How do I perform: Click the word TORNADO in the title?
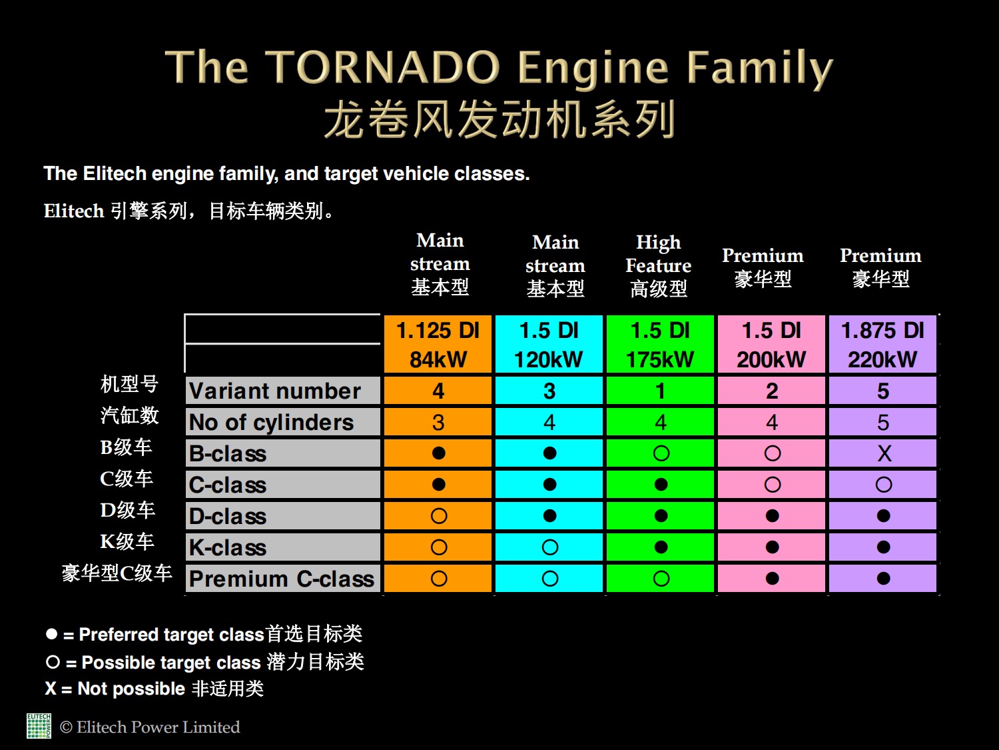(x=382, y=68)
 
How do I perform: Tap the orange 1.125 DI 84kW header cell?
(x=438, y=344)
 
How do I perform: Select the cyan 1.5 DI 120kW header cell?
(x=549, y=344)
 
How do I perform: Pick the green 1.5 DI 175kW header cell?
(x=661, y=344)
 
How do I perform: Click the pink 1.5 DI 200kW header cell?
(x=771, y=344)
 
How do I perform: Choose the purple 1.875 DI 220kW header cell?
(x=882, y=344)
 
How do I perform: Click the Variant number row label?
(x=275, y=391)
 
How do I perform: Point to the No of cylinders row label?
(x=271, y=422)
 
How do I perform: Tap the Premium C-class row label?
(x=282, y=579)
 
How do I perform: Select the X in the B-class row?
(x=884, y=453)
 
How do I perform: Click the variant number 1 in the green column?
(x=661, y=391)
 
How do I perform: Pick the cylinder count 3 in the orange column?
(x=438, y=423)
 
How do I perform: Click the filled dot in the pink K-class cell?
(x=773, y=547)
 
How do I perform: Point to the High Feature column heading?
(x=659, y=266)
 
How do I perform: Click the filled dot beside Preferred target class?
(x=52, y=634)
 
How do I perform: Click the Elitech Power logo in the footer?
(x=39, y=726)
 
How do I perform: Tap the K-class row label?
(x=228, y=547)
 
